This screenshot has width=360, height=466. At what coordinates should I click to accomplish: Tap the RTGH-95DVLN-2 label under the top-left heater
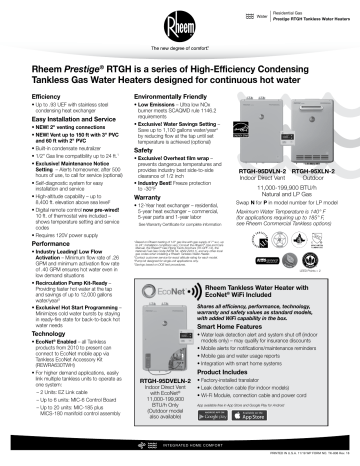coord(265,171)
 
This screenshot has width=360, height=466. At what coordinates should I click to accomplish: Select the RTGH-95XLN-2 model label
coord(321,171)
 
